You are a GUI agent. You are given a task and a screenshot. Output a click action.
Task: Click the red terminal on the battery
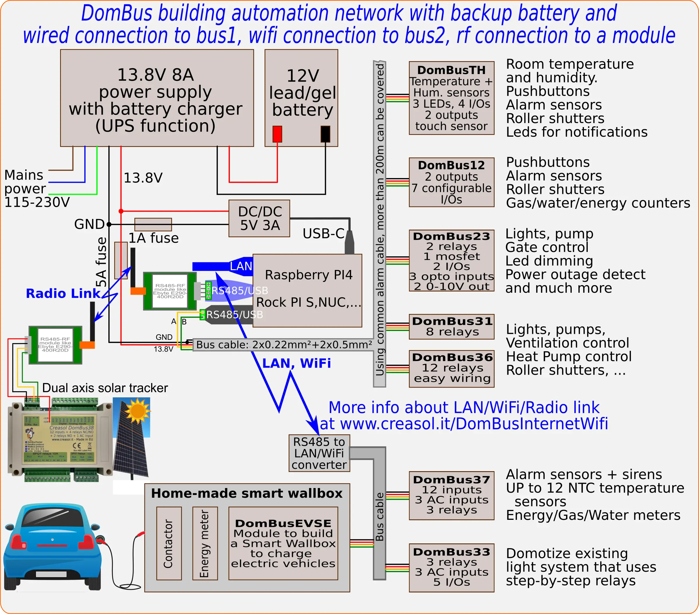277,134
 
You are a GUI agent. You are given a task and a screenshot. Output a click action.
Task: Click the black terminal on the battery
325,134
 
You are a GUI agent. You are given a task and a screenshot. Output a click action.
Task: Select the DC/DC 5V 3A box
259,218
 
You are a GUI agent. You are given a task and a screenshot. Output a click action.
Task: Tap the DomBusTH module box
451,98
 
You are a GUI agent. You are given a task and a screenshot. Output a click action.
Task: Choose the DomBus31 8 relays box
451,327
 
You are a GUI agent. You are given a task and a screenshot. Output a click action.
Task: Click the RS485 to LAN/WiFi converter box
319,453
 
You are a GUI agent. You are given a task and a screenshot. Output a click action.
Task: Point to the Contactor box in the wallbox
169,543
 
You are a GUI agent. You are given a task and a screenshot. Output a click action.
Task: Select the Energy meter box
205,543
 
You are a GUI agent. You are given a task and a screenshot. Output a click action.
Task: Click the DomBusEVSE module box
283,543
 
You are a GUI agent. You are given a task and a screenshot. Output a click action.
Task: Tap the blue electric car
51,548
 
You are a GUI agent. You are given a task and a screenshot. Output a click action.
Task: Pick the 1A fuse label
153,238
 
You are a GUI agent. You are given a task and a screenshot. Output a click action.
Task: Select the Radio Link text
63,294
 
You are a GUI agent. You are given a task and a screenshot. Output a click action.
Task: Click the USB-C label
323,234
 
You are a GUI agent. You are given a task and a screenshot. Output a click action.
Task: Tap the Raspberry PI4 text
308,275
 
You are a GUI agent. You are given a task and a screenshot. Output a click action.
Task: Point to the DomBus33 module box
451,567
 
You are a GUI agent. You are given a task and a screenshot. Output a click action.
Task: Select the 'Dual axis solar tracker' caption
105,388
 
